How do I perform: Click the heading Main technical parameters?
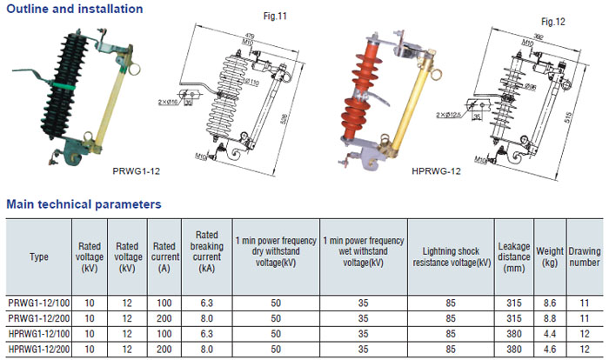[x=84, y=204]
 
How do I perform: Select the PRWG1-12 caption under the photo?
[x=137, y=172]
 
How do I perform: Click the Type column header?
[x=39, y=257]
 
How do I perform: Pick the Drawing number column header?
[x=585, y=257]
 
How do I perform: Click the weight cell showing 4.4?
[x=549, y=333]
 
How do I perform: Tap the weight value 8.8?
[x=549, y=318]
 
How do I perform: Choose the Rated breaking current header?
[x=206, y=252]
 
